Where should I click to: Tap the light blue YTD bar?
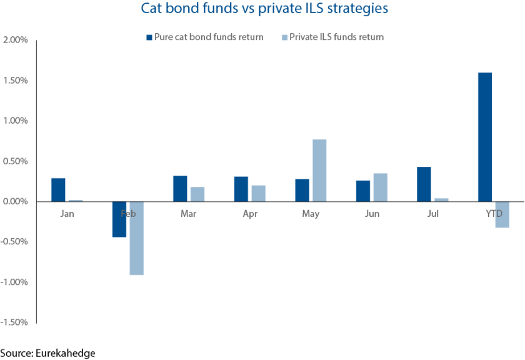tap(502, 214)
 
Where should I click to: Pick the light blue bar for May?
tap(319, 170)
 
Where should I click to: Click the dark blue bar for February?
tap(119, 219)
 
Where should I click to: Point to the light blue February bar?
tap(137, 238)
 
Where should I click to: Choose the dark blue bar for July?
tap(423, 184)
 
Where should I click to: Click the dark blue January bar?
tap(58, 190)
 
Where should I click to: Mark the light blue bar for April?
tap(258, 194)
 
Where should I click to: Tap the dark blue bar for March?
tap(180, 189)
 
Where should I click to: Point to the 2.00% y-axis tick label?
tap(16, 40)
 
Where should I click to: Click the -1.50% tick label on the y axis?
tap(15, 322)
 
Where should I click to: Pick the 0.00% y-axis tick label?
tap(16, 201)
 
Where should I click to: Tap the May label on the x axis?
tap(310, 214)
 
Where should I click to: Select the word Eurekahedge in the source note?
tap(65, 353)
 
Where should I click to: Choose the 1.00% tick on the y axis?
tap(16, 121)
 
